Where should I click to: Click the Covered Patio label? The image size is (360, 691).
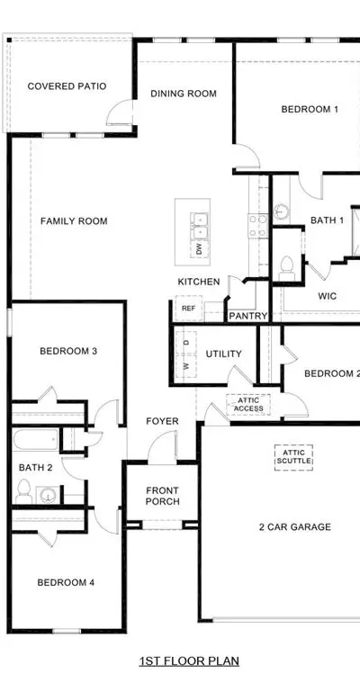(x=67, y=86)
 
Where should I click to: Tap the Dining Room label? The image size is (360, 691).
(x=184, y=94)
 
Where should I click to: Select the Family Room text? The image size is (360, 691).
(x=74, y=220)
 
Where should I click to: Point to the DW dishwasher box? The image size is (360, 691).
(x=199, y=249)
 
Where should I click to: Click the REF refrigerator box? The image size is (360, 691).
(x=189, y=308)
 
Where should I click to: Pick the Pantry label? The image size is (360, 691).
(x=248, y=316)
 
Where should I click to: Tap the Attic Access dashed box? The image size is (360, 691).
(x=248, y=405)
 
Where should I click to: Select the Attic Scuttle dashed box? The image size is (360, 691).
(x=294, y=457)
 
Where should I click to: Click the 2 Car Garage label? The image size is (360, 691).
(x=295, y=526)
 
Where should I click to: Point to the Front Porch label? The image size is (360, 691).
(x=163, y=496)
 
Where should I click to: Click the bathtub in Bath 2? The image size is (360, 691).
(x=35, y=439)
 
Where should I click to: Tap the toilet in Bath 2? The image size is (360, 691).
(x=23, y=491)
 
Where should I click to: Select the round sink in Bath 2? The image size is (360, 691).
(x=47, y=495)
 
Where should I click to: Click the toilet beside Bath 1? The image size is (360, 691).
(x=287, y=268)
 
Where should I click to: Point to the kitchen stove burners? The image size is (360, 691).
(x=258, y=225)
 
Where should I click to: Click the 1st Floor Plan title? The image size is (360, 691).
(x=189, y=661)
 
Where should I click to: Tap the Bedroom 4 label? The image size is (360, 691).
(x=66, y=583)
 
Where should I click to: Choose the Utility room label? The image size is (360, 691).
(x=224, y=354)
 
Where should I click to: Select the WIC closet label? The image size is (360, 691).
(x=328, y=296)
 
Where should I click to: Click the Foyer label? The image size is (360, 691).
(x=163, y=421)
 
